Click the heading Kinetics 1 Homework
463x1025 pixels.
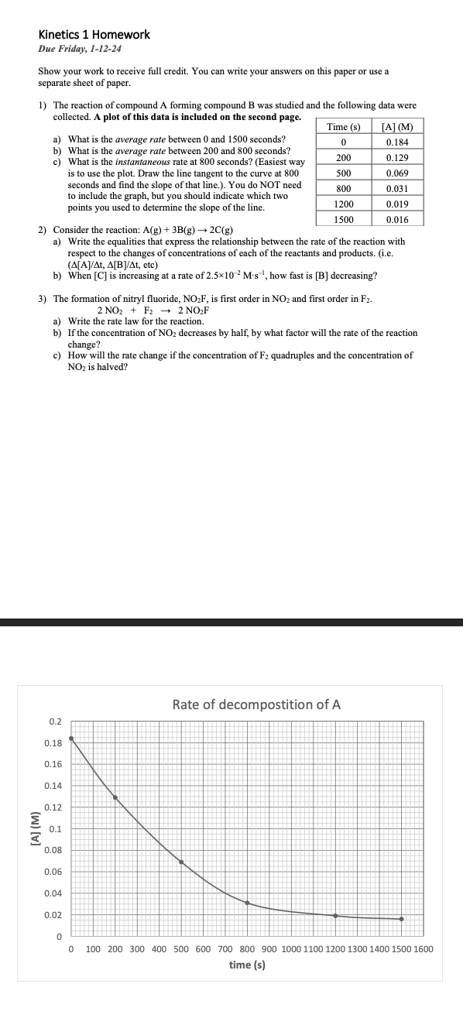94,35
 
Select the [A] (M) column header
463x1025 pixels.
398,127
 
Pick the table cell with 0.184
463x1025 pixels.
398,142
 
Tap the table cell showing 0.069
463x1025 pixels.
398,173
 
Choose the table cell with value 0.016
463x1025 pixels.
398,220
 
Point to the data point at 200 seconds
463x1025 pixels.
115,797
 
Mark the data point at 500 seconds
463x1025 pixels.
181,862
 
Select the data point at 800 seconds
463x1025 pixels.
247,903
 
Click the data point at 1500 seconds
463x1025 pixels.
401,919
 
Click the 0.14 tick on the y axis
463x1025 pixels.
53,786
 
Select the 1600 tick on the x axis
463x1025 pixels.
423,949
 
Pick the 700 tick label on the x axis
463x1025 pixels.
225,949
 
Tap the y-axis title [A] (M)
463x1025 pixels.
33,828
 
